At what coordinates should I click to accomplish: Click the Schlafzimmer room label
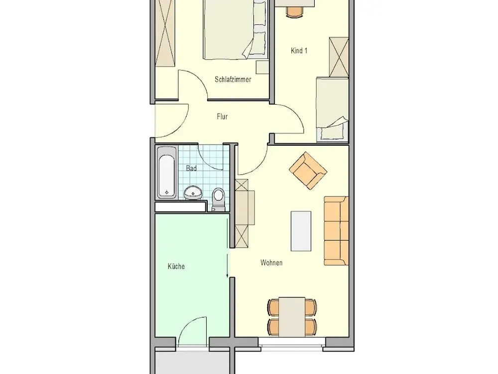(233, 79)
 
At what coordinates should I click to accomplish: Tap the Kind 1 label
(299, 50)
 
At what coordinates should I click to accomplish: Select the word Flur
(222, 116)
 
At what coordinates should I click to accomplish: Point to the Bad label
(191, 168)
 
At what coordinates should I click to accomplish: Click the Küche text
(176, 266)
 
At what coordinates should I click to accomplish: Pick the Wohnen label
(271, 263)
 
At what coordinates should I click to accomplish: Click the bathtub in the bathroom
(167, 173)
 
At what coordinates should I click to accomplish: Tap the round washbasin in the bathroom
(192, 192)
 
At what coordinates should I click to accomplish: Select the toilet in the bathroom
(218, 199)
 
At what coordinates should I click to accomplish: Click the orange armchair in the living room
(308, 171)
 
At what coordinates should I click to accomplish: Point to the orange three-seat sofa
(336, 231)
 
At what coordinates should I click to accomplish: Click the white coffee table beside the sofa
(301, 231)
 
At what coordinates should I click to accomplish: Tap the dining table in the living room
(292, 317)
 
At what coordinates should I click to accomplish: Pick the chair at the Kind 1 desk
(295, 12)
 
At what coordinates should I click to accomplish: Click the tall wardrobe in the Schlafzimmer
(165, 33)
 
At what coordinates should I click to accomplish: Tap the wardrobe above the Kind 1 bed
(339, 57)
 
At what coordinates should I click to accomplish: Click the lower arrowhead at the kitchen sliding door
(228, 275)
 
